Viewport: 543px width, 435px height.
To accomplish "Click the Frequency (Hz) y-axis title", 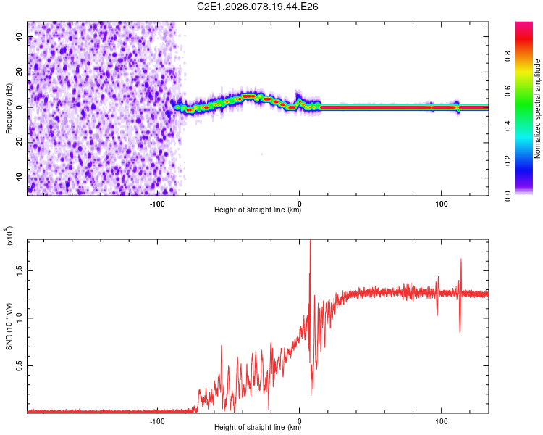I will tap(9, 109).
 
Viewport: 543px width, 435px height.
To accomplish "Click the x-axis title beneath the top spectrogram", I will tap(258, 211).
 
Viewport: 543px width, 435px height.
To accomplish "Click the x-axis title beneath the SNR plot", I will tap(258, 428).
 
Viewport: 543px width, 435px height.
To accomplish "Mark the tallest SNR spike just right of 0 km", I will tap(310, 243).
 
